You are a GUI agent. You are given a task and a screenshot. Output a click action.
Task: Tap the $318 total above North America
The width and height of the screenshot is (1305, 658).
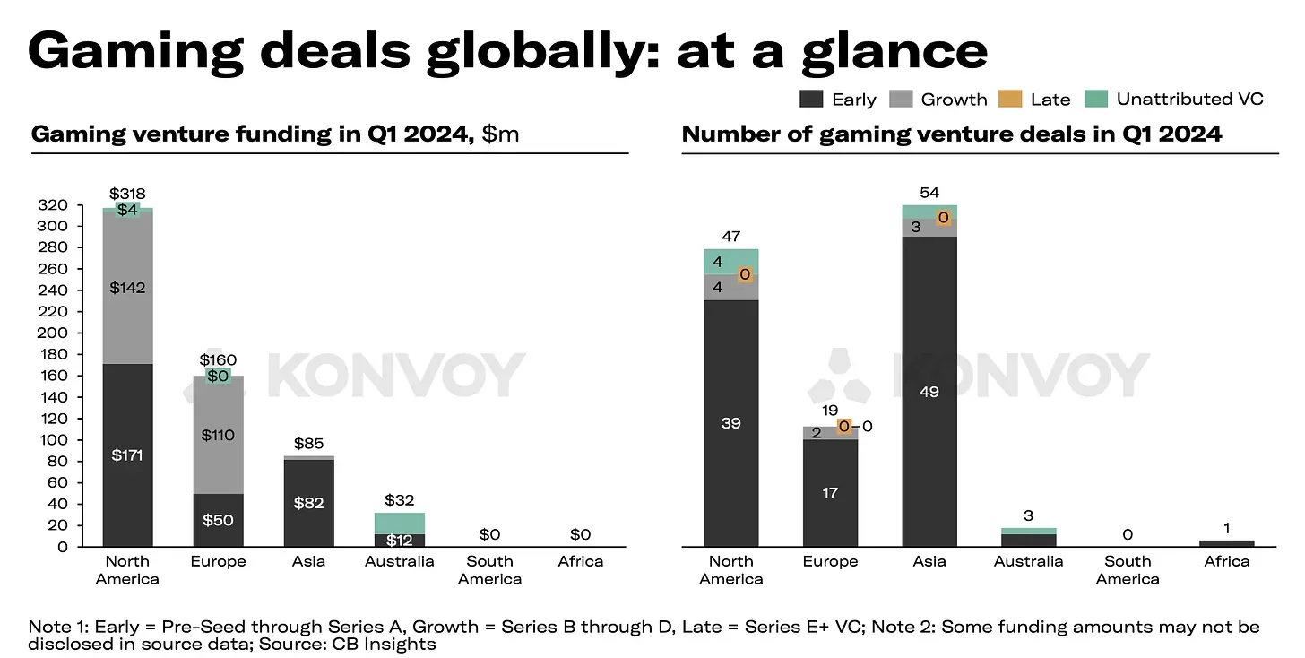[x=127, y=194]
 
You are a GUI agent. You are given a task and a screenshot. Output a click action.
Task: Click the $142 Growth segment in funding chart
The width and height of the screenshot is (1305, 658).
[x=127, y=287]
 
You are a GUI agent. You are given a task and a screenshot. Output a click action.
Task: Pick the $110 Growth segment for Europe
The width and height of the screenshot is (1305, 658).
[x=218, y=435]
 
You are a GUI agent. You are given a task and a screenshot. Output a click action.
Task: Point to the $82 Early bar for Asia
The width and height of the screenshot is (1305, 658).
[x=308, y=503]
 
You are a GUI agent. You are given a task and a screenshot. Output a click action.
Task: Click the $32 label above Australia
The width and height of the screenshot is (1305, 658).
[x=399, y=500]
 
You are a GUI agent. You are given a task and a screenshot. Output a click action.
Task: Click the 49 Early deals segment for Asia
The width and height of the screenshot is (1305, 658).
[x=929, y=392]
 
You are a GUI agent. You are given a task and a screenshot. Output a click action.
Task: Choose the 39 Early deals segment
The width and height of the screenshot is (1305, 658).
[x=730, y=423]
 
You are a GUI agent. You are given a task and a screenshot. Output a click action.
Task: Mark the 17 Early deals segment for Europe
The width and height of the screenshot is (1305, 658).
[x=830, y=492]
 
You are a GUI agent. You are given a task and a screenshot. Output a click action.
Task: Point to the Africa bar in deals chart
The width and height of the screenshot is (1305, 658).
[x=1226, y=542]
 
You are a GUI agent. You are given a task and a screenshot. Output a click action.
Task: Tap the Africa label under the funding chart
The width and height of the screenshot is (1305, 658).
[x=580, y=561]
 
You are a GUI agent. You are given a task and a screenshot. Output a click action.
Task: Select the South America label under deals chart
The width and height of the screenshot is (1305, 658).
[x=1127, y=570]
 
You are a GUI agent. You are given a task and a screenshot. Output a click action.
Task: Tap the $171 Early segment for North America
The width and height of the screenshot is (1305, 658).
[x=127, y=455]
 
